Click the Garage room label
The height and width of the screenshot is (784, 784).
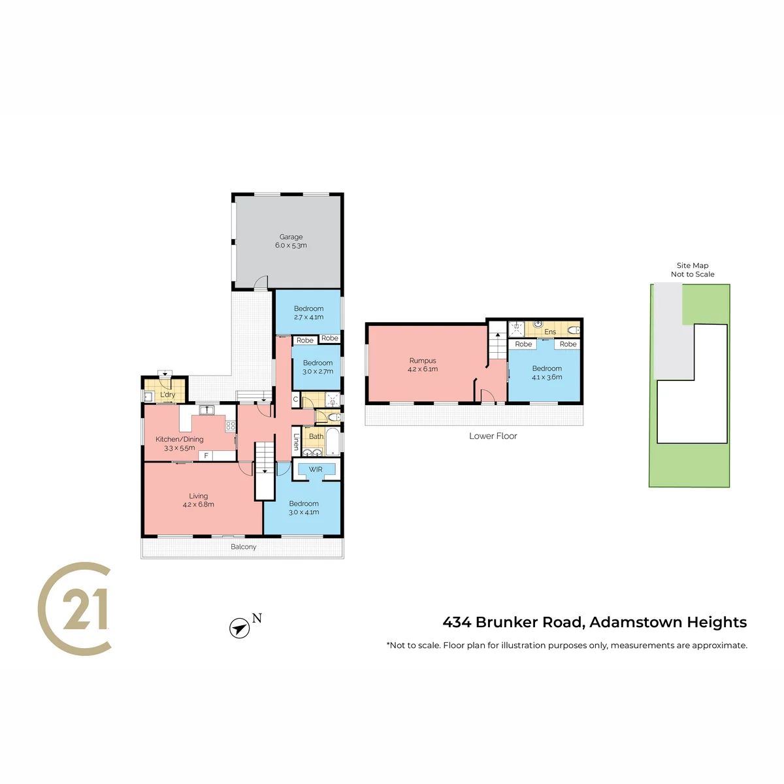291,237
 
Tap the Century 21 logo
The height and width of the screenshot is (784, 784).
74,609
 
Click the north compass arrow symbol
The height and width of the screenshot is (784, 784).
239,628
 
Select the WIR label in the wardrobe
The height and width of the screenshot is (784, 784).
316,469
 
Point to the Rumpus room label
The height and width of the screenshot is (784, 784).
423,361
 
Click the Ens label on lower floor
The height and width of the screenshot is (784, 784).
550,332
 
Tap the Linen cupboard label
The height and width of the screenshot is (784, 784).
297,442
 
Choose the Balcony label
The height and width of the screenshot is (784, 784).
243,546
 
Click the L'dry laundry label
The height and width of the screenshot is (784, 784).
168,394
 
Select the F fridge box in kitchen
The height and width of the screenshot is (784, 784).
206,455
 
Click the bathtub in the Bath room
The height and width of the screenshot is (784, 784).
333,441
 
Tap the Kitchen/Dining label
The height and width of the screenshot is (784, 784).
180,439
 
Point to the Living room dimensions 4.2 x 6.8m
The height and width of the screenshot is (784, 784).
199,504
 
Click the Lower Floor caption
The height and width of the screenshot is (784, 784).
493,436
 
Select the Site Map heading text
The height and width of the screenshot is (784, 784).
693,265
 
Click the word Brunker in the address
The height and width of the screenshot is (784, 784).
506,622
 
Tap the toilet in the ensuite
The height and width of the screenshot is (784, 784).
573,330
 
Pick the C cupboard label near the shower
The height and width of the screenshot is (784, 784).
296,400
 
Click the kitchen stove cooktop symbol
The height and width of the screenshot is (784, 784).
231,426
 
